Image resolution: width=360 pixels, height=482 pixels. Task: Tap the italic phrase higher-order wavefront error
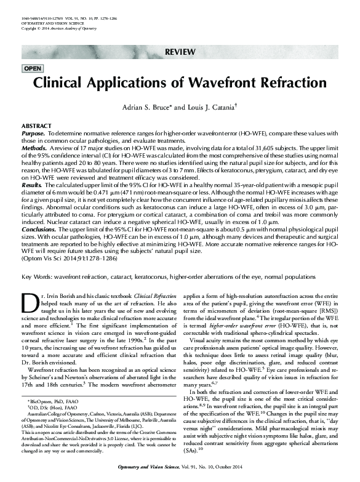[227, 346]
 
